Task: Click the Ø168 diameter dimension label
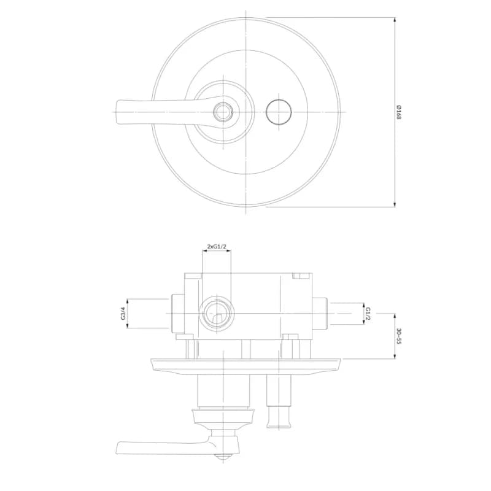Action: tap(398, 112)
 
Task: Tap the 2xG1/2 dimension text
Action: tap(217, 247)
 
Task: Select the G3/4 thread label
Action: tap(123, 313)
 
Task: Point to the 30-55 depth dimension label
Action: tap(398, 336)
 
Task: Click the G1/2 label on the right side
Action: tap(368, 314)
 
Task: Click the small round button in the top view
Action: tap(279, 112)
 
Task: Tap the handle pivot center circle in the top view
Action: tap(223, 112)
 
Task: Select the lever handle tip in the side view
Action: tap(120, 448)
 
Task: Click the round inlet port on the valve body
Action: tap(217, 314)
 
